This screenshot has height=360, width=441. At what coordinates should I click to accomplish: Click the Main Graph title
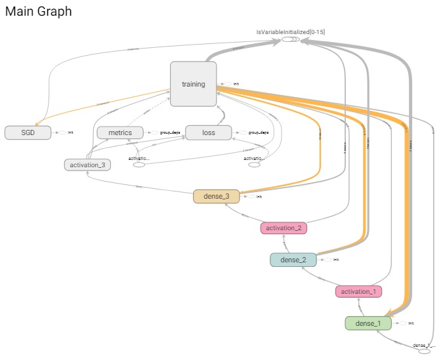(39, 12)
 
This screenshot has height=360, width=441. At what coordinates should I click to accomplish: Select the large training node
(193, 84)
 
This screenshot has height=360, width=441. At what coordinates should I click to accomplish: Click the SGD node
(28, 132)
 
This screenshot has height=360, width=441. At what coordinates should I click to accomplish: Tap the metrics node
(120, 132)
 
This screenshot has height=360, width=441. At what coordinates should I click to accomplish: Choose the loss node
(209, 132)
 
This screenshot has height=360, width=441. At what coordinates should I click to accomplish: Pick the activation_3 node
(87, 165)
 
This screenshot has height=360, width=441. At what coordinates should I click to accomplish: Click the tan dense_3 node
(217, 196)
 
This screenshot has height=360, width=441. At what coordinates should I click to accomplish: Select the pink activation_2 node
(283, 228)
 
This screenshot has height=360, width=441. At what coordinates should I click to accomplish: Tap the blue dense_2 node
(293, 260)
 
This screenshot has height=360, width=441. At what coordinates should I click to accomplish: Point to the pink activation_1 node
(358, 291)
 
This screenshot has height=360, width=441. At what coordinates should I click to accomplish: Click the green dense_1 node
(368, 323)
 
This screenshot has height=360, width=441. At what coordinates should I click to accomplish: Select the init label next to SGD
(70, 132)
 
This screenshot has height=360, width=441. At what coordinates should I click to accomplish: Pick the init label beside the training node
(236, 84)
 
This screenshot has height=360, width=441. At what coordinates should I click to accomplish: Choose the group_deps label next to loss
(258, 132)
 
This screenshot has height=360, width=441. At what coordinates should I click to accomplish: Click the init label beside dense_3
(259, 196)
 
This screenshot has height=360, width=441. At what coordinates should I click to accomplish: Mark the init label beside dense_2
(336, 260)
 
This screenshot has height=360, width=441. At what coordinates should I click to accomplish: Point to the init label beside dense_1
(411, 323)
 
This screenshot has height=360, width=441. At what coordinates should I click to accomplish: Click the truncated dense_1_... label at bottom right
(424, 345)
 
